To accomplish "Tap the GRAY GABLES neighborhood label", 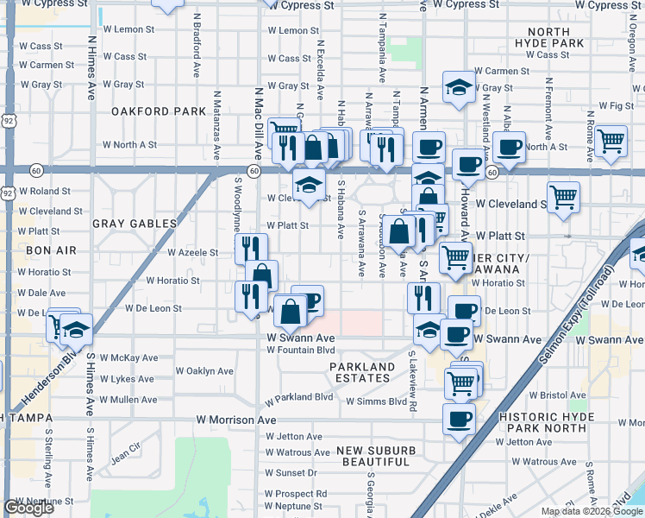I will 134,224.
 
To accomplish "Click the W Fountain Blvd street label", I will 300,351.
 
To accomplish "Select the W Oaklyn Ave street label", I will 204,371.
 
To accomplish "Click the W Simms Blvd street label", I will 376,401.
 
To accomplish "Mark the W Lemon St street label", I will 293,31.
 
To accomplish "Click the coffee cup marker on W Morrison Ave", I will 459,419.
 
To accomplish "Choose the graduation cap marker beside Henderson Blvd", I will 76,329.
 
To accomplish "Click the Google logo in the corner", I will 28,508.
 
